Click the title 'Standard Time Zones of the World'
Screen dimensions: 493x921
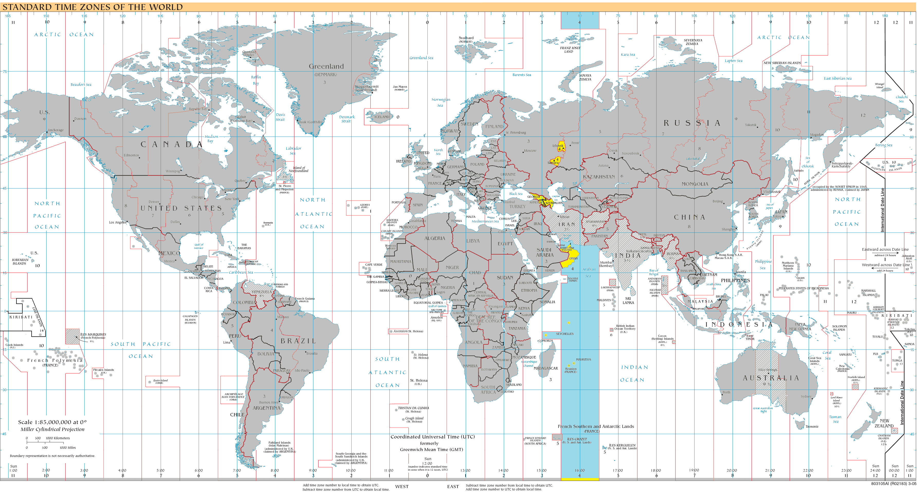[92, 7]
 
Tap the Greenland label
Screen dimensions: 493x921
[326, 66]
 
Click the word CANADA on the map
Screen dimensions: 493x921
[172, 144]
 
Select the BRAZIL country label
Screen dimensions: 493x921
[298, 341]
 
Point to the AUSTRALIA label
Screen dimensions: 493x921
[770, 378]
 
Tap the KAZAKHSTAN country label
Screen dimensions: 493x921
[599, 177]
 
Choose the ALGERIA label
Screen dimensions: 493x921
[434, 238]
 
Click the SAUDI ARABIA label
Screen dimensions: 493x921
[544, 252]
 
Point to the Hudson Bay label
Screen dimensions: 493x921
[211, 138]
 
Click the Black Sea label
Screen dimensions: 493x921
[516, 194]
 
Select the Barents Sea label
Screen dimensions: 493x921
[522, 75]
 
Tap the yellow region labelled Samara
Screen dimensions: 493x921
[555, 161]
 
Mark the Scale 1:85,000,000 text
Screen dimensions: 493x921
[52, 422]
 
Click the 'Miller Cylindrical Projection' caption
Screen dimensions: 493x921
[52, 429]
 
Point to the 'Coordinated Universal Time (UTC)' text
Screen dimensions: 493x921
[432, 437]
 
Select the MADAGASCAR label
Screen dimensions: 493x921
[546, 368]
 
